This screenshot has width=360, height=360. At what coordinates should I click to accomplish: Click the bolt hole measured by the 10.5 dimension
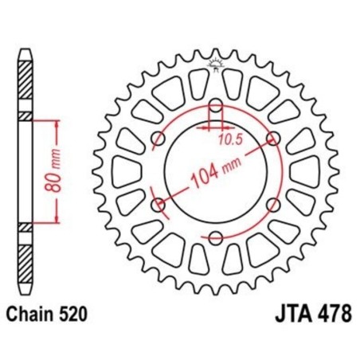coord(215,107)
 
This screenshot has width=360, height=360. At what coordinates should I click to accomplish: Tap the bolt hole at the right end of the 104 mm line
coord(275,141)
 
